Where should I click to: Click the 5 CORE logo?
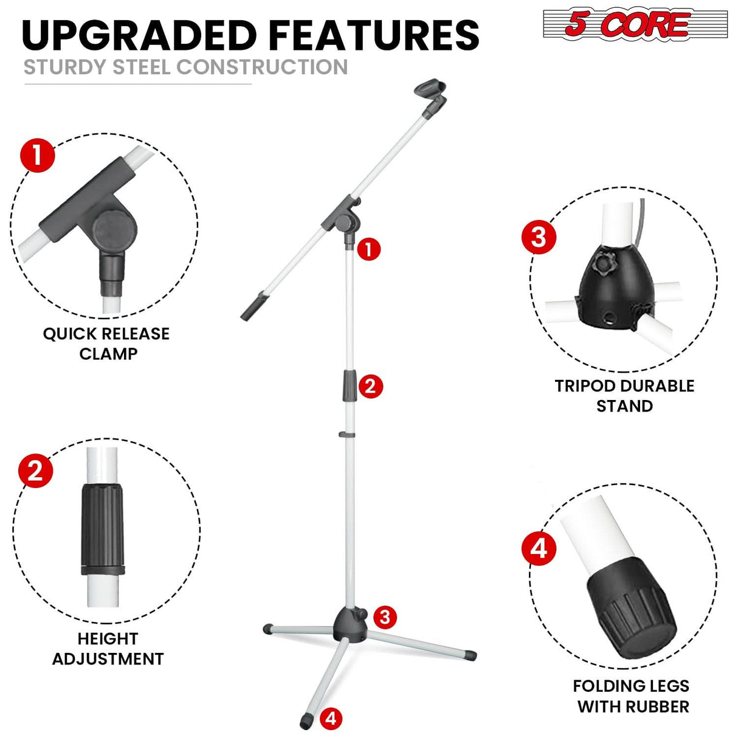click(635, 24)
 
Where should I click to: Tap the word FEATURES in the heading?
click(374, 35)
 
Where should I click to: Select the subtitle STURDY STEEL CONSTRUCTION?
click(185, 67)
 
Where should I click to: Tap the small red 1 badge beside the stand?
click(369, 249)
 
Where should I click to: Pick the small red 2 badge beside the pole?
click(371, 386)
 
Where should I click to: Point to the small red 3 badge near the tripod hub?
click(384, 617)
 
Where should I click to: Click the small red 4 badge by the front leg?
click(331, 719)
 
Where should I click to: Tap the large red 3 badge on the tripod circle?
click(539, 237)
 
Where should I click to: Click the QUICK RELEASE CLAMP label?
click(106, 343)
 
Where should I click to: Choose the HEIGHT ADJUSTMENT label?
click(108, 649)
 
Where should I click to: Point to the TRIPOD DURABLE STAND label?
click(624, 396)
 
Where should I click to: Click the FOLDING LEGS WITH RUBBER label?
click(632, 696)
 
